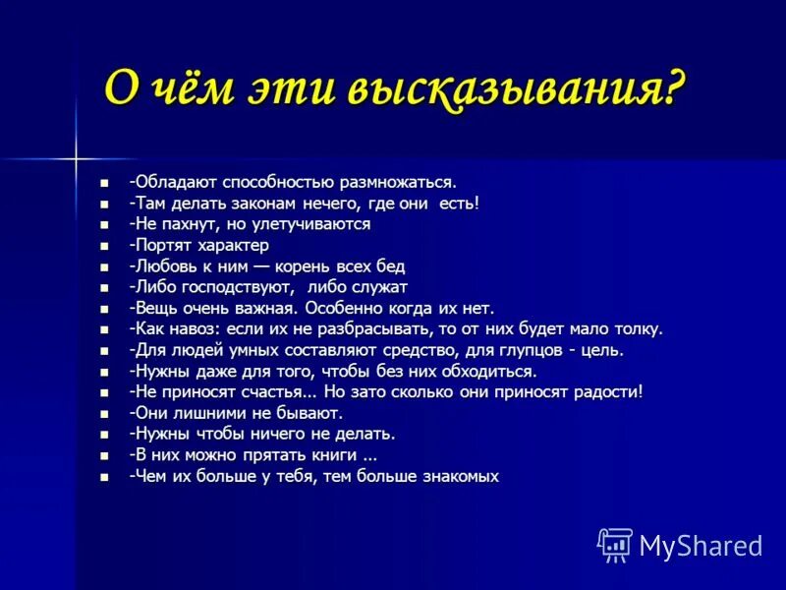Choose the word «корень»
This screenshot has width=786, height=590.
pos(295,266)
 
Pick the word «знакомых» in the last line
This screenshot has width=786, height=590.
pos(457,476)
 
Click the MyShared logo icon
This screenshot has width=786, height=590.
pos(615,545)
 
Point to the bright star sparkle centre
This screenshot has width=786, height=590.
pos(75,156)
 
